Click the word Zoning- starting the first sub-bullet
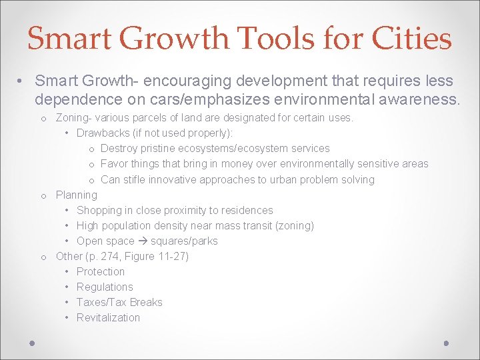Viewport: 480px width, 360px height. (x=73, y=117)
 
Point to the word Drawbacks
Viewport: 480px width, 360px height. (x=103, y=133)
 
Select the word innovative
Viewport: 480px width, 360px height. (x=169, y=179)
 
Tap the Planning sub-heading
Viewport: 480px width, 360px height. (x=76, y=195)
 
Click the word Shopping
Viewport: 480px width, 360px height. (x=101, y=210)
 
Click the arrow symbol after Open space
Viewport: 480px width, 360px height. (x=141, y=241)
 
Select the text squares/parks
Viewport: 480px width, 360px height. (x=185, y=241)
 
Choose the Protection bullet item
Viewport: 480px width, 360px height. (x=101, y=271)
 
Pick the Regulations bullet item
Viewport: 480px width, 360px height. (x=105, y=287)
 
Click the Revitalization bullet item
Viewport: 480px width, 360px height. (x=108, y=317)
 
